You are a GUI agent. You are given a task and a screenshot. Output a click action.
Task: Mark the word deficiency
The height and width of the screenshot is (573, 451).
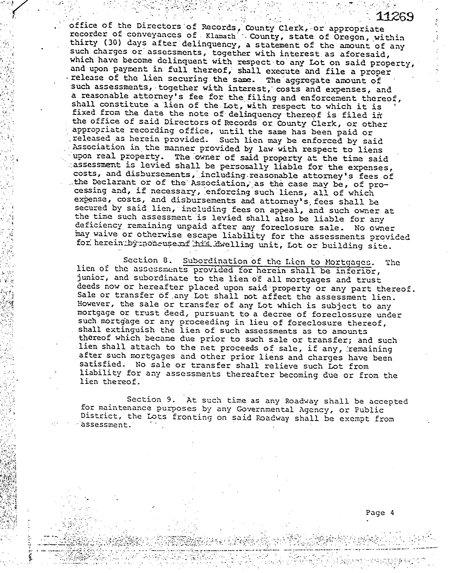(x=99, y=226)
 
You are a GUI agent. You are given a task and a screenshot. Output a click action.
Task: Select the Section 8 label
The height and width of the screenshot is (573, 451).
(x=148, y=260)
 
